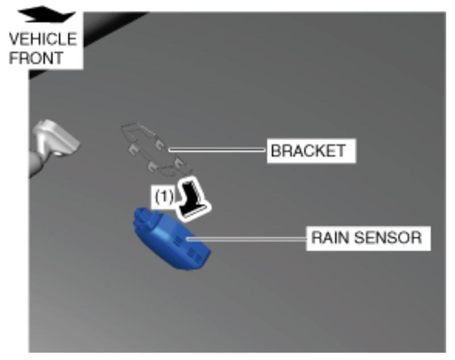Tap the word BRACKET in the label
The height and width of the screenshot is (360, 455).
[308, 151]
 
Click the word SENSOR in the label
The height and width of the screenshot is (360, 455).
[387, 237]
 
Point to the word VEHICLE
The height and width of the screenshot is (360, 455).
[42, 40]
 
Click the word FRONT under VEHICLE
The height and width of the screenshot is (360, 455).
[36, 58]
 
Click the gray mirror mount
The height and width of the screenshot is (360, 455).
[54, 142]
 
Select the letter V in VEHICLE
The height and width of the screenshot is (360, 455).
[14, 40]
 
